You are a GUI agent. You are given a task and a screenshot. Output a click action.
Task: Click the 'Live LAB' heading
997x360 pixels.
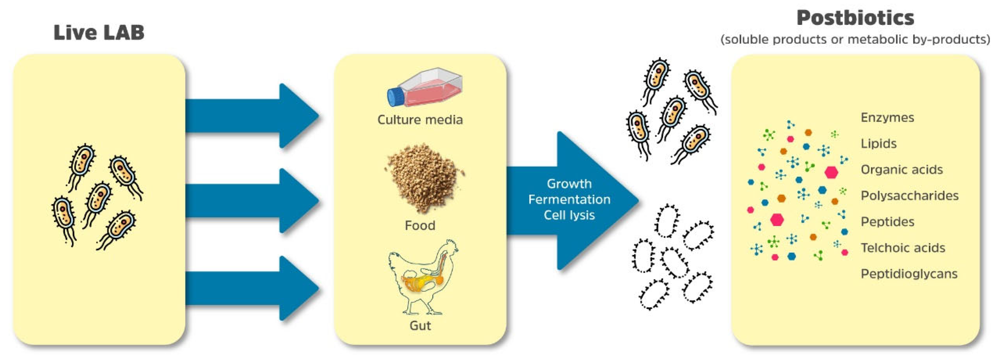click(x=99, y=33)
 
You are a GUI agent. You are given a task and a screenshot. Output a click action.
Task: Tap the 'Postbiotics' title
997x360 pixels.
click(x=855, y=18)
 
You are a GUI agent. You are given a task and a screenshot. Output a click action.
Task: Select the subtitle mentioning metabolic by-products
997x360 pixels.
click(x=855, y=39)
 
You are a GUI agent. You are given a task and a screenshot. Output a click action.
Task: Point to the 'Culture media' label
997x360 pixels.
click(x=420, y=120)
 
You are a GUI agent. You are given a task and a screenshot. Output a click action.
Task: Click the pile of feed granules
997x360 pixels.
click(x=424, y=178)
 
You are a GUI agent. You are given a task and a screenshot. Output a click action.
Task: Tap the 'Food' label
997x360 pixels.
click(x=420, y=225)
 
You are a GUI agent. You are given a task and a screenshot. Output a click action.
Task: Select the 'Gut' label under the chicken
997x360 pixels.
click(x=420, y=325)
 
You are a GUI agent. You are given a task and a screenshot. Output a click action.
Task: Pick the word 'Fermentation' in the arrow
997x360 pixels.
click(x=569, y=199)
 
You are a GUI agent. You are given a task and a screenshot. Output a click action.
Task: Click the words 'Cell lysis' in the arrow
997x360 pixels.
click(x=569, y=215)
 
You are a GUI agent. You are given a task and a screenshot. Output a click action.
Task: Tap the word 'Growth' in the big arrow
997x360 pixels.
click(x=569, y=183)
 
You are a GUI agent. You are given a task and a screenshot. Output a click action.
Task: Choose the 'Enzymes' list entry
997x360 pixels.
click(x=887, y=117)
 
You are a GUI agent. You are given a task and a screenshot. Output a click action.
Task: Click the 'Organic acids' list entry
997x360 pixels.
click(x=901, y=169)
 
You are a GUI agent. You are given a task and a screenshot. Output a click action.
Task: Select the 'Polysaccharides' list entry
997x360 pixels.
click(x=909, y=195)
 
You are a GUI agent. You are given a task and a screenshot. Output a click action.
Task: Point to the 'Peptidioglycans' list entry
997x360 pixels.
click(x=909, y=274)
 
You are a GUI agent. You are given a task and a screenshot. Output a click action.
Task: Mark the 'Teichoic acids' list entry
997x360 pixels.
click(x=903, y=248)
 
